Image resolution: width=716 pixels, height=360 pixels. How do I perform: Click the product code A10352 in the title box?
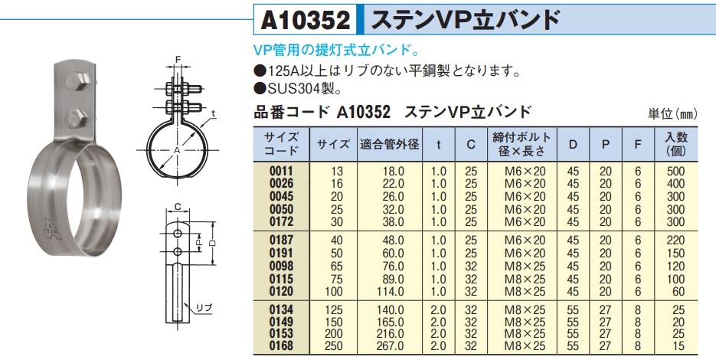click(306, 21)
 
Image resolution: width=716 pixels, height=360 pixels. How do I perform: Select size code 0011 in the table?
click(281, 172)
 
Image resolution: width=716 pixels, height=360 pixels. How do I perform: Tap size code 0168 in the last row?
click(281, 346)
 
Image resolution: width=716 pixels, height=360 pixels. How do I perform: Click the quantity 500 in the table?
click(676, 172)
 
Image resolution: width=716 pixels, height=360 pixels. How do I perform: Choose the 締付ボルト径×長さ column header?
click(522, 144)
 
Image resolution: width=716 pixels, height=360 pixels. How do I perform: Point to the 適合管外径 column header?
click(389, 144)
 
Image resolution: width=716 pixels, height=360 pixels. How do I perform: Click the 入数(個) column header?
click(676, 144)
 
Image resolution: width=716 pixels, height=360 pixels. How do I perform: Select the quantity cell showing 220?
click(676, 241)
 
